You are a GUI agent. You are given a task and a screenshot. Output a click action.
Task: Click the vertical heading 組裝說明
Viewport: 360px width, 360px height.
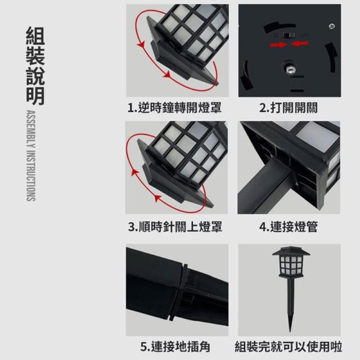click(x=35, y=66)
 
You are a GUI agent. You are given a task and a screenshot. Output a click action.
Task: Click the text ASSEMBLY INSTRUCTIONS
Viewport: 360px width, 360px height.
click(x=31, y=156)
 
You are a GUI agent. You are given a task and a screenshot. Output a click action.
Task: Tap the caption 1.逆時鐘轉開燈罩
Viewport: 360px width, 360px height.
click(x=174, y=107)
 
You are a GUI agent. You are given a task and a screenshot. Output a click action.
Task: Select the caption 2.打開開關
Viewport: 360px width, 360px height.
click(x=289, y=107)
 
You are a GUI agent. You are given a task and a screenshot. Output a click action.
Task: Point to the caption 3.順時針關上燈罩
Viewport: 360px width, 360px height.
click(x=175, y=227)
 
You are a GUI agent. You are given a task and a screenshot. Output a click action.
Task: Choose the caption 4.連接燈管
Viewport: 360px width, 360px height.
click(x=289, y=227)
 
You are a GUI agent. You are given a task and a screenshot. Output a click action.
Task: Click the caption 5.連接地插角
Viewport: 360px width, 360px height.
click(x=175, y=346)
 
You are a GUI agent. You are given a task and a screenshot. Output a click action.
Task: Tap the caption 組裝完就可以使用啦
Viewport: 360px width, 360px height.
click(x=289, y=346)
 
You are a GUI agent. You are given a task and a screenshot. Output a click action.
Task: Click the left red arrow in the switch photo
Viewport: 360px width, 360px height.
click(x=278, y=44)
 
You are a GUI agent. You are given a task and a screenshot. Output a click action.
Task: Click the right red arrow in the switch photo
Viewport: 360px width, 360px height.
click(x=300, y=43)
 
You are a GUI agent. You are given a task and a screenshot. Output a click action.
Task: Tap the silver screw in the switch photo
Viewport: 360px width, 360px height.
click(x=332, y=26)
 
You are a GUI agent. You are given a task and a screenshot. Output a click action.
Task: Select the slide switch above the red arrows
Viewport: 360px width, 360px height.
click(x=289, y=35)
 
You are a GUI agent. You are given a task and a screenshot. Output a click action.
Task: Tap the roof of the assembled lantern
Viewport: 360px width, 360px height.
click(x=291, y=251)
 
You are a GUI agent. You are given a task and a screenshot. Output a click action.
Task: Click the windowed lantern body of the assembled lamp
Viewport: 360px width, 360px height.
click(x=291, y=265)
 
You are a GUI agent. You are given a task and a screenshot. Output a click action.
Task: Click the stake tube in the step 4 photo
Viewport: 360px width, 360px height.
click(x=264, y=187)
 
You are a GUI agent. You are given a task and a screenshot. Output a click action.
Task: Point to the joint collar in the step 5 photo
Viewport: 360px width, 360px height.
click(x=179, y=292)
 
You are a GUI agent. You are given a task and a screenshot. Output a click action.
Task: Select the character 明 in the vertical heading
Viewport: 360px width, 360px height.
click(x=35, y=96)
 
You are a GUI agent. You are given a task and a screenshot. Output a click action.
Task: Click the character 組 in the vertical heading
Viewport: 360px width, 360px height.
click(x=35, y=35)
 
